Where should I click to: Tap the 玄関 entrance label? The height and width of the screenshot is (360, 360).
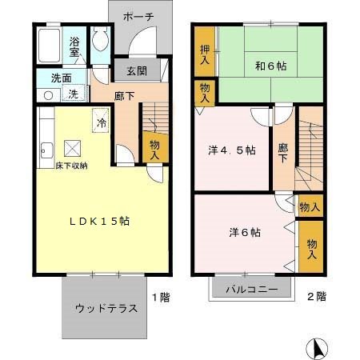(x=136, y=70)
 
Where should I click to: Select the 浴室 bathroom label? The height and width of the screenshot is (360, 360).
(x=75, y=46)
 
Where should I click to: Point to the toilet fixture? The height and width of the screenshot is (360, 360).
(x=99, y=39)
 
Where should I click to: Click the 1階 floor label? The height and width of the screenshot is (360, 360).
(x=160, y=297)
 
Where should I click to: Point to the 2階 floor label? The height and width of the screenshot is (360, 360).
(x=316, y=297)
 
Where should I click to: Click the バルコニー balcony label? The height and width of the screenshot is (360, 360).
(x=251, y=288)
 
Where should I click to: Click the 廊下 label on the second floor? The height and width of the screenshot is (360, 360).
(x=282, y=152)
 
